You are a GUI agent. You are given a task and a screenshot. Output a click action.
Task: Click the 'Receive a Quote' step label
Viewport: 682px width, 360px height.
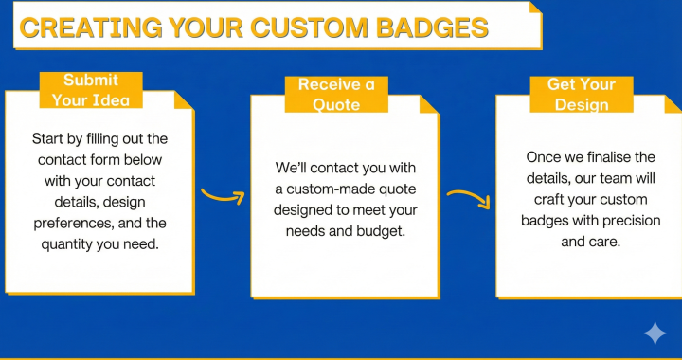pyautogui.click(x=336, y=95)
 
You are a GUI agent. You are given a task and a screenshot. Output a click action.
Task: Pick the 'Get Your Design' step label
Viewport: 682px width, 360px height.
pyautogui.click(x=582, y=95)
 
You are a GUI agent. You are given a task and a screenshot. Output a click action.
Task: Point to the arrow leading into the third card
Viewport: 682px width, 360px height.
pyautogui.click(x=468, y=198)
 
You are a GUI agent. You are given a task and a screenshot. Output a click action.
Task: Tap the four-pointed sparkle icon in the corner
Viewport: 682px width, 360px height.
pyautogui.click(x=655, y=333)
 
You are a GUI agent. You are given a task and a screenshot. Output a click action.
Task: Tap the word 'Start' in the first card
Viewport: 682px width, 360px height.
pyautogui.click(x=50, y=138)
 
